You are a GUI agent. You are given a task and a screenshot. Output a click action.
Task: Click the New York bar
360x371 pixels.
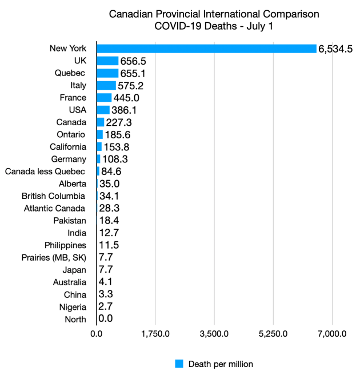(206, 49)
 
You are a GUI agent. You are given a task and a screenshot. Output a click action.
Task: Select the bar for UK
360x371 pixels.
(107, 61)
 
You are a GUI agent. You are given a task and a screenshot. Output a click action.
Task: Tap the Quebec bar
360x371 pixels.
(107, 73)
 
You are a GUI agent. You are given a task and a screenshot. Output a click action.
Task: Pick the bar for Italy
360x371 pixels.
(106, 86)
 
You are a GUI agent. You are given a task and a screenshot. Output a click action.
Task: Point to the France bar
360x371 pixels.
(104, 98)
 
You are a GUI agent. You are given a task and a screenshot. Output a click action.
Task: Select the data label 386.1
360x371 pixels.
(125, 110)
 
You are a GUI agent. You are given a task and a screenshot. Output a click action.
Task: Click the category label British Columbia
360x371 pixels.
(54, 196)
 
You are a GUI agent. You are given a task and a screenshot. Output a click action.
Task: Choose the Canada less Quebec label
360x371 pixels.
(45, 171)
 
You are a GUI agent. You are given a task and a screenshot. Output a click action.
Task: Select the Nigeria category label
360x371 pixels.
(71, 306)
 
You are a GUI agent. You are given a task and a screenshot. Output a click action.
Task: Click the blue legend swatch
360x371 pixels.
(179, 364)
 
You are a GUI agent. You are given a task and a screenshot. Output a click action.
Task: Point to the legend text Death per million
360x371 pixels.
(221, 364)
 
